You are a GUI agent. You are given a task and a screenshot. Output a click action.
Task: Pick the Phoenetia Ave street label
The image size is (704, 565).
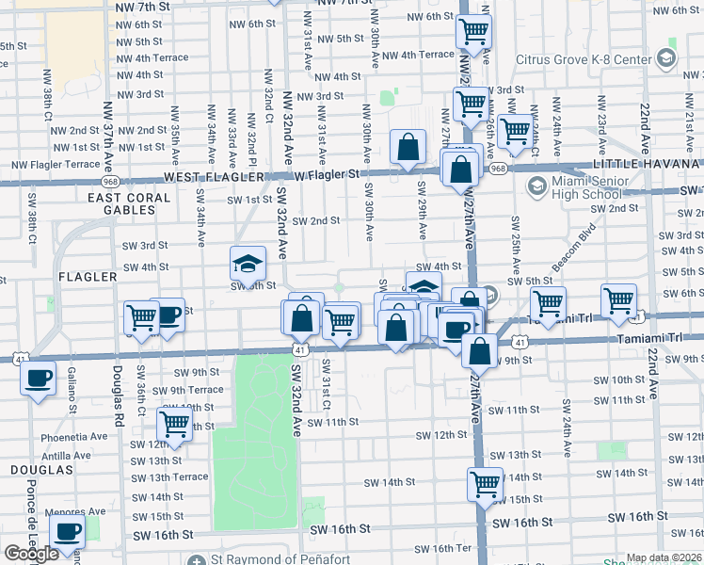click(x=74, y=437)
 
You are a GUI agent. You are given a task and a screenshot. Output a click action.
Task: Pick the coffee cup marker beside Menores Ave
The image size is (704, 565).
click(x=67, y=531)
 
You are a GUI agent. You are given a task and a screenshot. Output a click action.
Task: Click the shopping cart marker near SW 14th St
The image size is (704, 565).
click(x=485, y=484)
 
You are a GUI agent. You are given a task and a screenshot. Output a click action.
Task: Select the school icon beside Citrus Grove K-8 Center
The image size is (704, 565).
click(x=666, y=59)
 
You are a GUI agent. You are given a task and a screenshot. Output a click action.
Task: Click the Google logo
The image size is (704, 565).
click(x=30, y=554)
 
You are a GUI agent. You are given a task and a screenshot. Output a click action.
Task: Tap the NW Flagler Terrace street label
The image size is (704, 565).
click(x=56, y=165)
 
